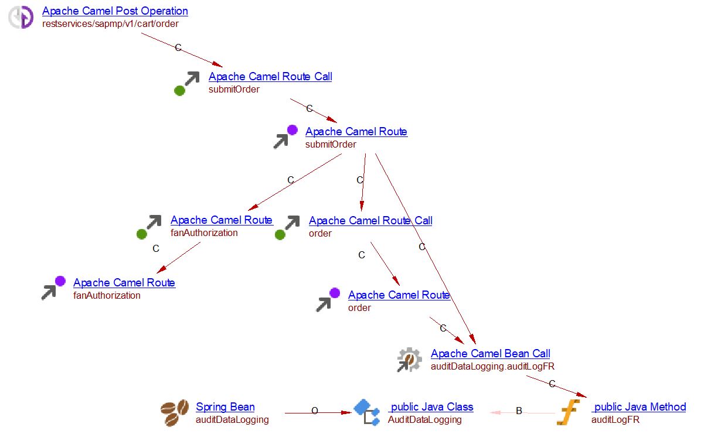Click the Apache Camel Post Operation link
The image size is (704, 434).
click(x=115, y=11)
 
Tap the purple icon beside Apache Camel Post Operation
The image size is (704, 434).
click(x=21, y=18)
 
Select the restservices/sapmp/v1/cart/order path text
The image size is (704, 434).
click(x=110, y=24)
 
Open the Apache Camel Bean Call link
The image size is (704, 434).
click(x=490, y=354)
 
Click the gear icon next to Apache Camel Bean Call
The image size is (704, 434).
click(x=409, y=360)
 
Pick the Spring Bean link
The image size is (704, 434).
click(x=225, y=407)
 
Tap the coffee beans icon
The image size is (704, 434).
click(x=175, y=413)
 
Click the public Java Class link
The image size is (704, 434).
click(x=431, y=407)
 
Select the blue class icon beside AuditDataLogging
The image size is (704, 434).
click(x=367, y=412)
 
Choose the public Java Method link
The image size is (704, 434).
click(x=638, y=407)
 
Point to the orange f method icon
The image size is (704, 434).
click(x=567, y=413)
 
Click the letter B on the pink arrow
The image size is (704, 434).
click(x=519, y=411)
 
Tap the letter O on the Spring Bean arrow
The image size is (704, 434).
click(x=314, y=411)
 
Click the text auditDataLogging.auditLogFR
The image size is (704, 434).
click(x=492, y=367)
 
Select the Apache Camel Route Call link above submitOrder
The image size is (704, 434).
click(x=270, y=77)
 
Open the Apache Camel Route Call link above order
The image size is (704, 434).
click(x=370, y=221)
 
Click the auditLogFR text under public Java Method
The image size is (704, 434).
click(x=615, y=420)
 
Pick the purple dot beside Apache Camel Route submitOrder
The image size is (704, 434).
click(x=292, y=130)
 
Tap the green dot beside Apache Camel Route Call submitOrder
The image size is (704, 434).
click(x=180, y=91)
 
